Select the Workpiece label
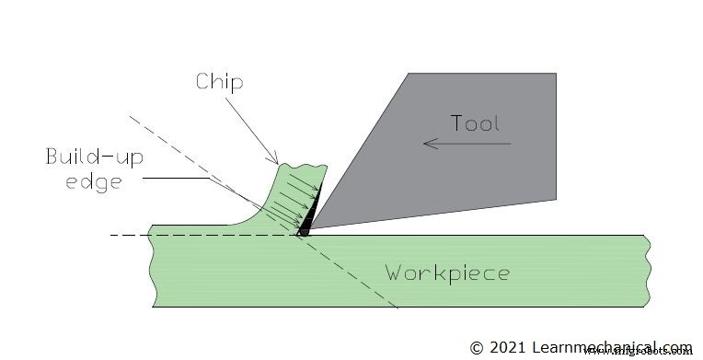pyautogui.click(x=446, y=273)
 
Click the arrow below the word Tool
pyautogui.click(x=466, y=144)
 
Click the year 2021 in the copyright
pyautogui.click(x=506, y=348)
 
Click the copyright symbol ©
pyautogui.click(x=476, y=348)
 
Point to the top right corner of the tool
pyautogui.click(x=556, y=74)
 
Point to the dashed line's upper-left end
pyautogui.click(x=130, y=118)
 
